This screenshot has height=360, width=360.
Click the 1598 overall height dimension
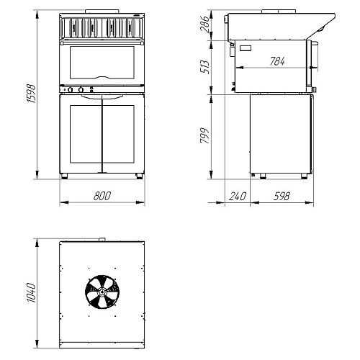pos(31,94)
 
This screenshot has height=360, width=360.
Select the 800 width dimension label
pos(102,196)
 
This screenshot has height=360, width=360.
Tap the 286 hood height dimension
pos(204,24)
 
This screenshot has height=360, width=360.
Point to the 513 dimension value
pos(204,67)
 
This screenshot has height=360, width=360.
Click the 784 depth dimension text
pos(277,61)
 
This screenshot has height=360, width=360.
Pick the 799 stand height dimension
pos(204,135)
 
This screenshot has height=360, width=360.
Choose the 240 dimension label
pos(238,197)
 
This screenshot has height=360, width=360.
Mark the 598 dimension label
pos(282,197)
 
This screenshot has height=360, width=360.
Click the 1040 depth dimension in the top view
pos(31,292)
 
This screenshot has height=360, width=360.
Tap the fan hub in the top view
pos(102,292)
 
